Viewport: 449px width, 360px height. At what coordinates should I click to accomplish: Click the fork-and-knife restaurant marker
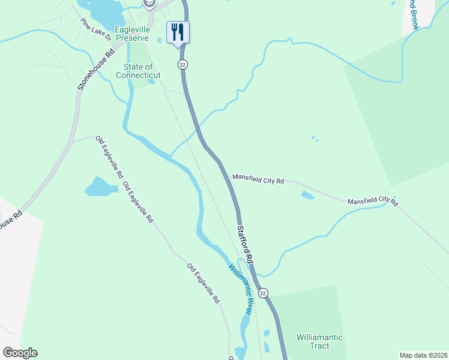tap(178, 31)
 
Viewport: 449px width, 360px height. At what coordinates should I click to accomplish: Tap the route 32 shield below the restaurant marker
tap(182, 64)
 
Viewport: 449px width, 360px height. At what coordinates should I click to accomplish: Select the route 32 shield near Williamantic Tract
tap(263, 292)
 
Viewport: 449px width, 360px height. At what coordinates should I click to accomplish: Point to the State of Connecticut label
tap(138, 71)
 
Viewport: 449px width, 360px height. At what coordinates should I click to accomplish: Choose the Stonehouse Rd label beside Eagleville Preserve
tap(95, 70)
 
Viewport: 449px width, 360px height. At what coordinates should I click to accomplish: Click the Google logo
tap(20, 353)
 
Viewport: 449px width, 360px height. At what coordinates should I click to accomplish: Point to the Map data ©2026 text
tap(423, 355)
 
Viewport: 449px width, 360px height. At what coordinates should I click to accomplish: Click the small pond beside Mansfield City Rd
tap(307, 195)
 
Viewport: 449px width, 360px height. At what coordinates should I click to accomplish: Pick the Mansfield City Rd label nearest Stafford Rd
tap(258, 179)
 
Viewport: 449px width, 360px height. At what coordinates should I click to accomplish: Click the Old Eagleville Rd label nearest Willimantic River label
tap(203, 283)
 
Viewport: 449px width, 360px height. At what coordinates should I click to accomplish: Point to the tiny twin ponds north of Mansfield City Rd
tap(315, 139)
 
